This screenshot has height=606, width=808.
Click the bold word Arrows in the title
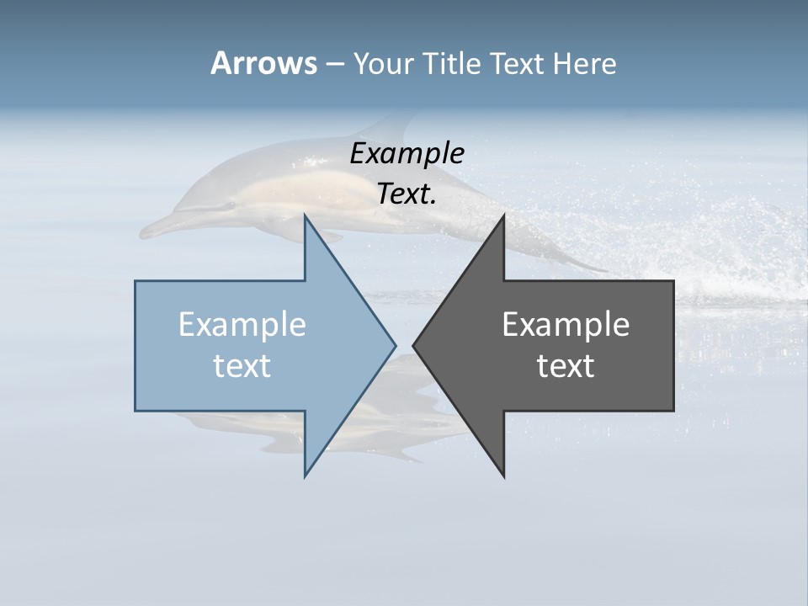[x=263, y=63]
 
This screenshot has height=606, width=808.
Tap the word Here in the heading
[x=584, y=63]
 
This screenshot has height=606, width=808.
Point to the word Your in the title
[x=383, y=63]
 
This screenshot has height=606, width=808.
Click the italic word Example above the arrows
[x=407, y=153]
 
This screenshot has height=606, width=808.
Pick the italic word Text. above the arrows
[x=407, y=194]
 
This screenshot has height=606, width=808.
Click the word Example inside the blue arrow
[x=242, y=324]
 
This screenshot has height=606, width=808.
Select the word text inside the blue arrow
[x=242, y=365]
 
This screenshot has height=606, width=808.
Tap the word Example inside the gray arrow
[x=566, y=324]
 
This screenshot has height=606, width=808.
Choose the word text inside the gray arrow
[x=566, y=365]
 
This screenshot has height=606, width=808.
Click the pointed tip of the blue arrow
[x=395, y=345]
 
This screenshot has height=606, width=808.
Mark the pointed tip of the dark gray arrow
[x=413, y=345]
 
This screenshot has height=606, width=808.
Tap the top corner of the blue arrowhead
[x=305, y=215]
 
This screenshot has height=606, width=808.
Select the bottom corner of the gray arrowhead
[x=503, y=476]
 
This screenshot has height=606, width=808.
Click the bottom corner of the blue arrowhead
[x=305, y=476]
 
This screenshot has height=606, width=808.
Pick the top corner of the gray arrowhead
[x=503, y=215]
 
